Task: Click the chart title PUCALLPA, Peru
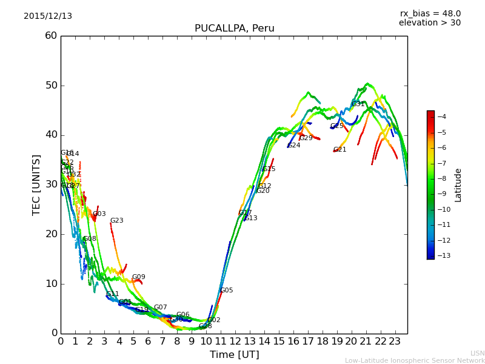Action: (234, 29)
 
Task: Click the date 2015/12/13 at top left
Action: (48, 16)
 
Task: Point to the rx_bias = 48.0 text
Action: (430, 14)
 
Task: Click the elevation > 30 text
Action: (429, 23)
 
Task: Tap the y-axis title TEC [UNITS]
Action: (37, 185)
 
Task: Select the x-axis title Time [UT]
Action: (234, 354)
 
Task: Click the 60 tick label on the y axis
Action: (51, 36)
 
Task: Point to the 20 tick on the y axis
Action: (51, 234)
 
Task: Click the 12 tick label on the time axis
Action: (235, 341)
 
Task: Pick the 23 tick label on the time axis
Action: (395, 341)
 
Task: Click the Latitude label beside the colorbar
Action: (458, 185)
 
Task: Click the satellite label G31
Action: (358, 104)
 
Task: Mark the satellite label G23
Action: (117, 221)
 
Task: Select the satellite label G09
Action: (139, 277)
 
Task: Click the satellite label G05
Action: (227, 291)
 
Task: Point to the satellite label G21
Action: (340, 150)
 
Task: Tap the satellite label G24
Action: (294, 146)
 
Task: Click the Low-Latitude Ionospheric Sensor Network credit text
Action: (415, 360)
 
